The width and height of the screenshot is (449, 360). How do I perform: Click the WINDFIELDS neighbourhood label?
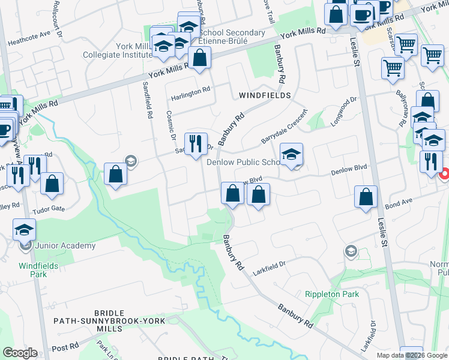(x=265, y=95)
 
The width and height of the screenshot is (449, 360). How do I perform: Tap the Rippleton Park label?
(x=331, y=294)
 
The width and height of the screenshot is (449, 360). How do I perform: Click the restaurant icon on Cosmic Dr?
(x=196, y=144)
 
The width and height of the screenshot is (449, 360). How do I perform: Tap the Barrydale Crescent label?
(x=284, y=127)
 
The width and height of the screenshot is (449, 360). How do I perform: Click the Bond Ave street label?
(x=397, y=206)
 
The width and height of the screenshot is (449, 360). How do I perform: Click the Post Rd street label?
(x=65, y=347)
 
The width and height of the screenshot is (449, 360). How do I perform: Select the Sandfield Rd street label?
(x=146, y=99)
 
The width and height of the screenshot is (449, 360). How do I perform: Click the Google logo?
(x=19, y=353)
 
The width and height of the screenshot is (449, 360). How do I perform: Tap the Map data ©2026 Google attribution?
(x=411, y=355)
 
